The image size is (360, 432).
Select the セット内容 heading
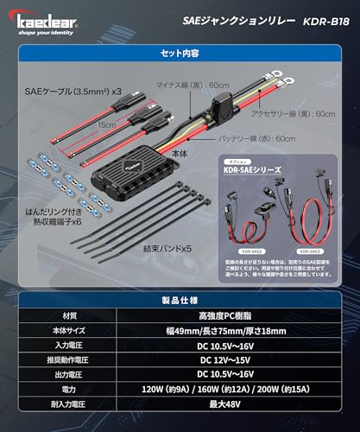pyautogui.click(x=180, y=52)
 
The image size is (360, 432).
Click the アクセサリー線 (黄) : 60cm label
pyautogui.click(x=298, y=112)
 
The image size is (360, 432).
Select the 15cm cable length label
pyautogui.click(x=107, y=124)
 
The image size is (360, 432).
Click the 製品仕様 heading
pyautogui.click(x=180, y=298)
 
